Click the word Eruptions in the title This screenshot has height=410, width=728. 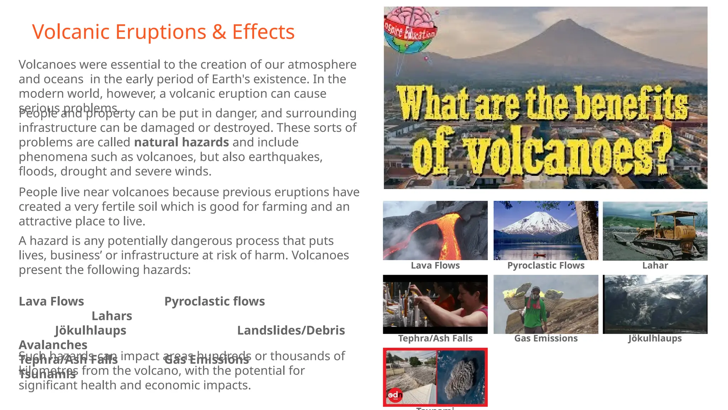(161, 32)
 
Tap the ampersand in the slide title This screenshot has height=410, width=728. (219, 32)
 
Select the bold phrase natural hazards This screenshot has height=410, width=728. (181, 142)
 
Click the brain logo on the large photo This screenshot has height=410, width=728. (410, 30)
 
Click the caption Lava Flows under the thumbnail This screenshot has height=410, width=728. (435, 266)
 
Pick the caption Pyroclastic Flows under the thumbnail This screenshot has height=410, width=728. (546, 266)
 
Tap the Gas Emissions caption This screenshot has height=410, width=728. (546, 338)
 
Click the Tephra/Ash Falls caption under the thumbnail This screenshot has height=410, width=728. (435, 338)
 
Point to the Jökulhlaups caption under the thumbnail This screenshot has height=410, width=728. (655, 338)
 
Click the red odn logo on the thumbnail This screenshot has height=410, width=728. (395, 395)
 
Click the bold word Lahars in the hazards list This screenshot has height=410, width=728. (112, 316)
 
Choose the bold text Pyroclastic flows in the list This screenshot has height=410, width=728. (214, 301)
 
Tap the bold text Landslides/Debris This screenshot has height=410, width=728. (291, 331)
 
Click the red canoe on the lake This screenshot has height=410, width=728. (540, 255)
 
